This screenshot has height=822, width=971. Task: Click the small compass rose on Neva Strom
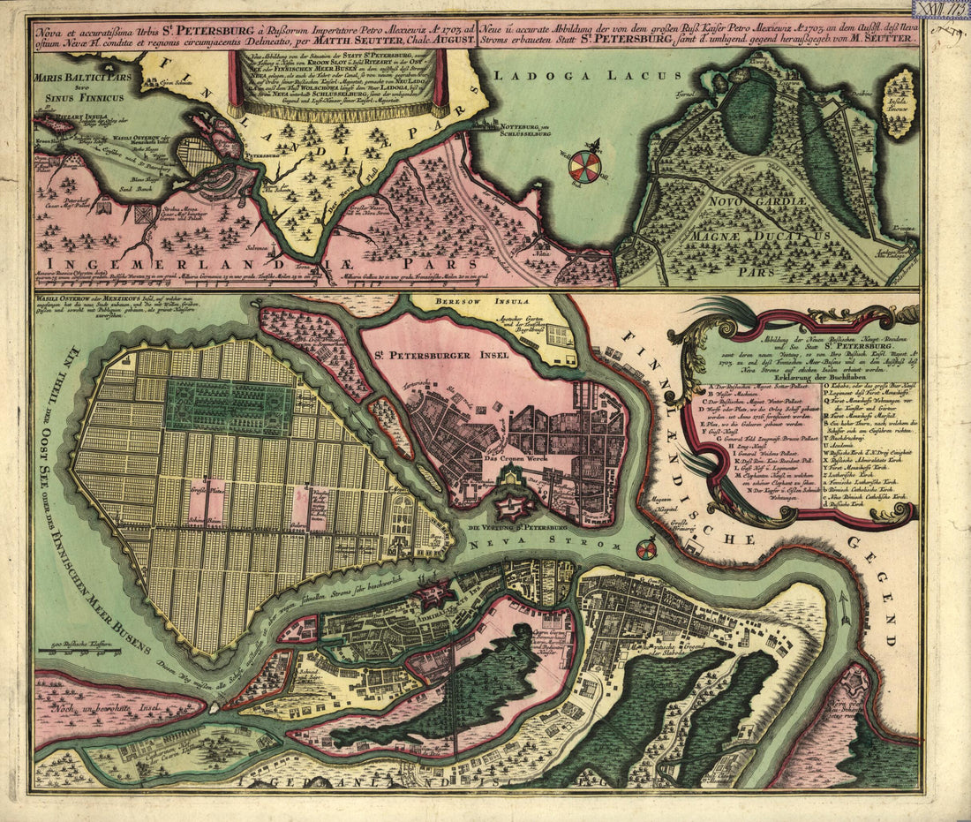coord(646,549)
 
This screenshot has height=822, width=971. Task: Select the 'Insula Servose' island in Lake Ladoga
coord(899,102)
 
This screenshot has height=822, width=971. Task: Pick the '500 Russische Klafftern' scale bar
coord(86,652)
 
